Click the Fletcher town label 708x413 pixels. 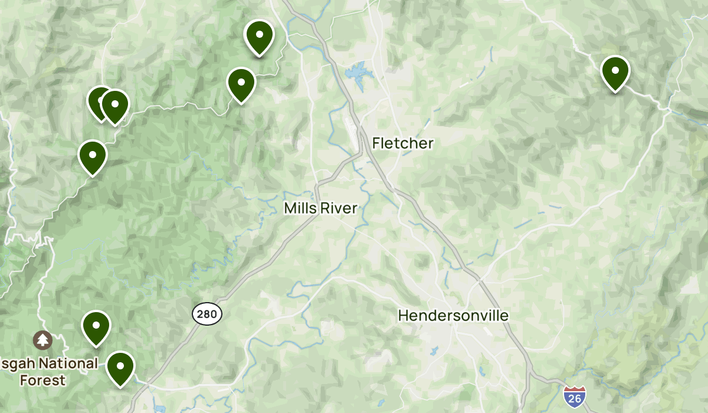pyautogui.click(x=403, y=143)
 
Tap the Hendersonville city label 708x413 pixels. pyautogui.click(x=453, y=316)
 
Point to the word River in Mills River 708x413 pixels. pyautogui.click(x=339, y=208)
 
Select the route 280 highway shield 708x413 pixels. pyautogui.click(x=207, y=314)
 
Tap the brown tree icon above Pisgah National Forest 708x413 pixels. pyautogui.click(x=42, y=340)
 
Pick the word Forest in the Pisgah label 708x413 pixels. pyautogui.click(x=42, y=380)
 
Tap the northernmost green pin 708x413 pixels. pyautogui.click(x=259, y=37)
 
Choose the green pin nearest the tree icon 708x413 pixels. pyautogui.click(x=96, y=328)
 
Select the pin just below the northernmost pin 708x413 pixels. pyautogui.click(x=241, y=85)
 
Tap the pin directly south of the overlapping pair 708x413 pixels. pyautogui.click(x=93, y=157)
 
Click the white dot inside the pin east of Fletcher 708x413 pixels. pyautogui.click(x=615, y=70)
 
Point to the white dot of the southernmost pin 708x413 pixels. pyautogui.click(x=120, y=365)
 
